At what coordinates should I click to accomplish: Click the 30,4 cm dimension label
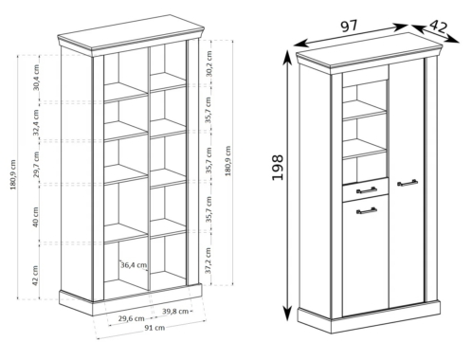coord(36,78)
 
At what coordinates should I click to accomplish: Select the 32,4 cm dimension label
coord(36,122)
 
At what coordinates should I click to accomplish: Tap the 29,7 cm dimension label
coord(36,165)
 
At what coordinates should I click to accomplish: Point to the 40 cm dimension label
coord(35,217)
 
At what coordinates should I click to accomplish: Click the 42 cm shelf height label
coord(35,276)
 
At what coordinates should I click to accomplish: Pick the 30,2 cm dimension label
coord(209,63)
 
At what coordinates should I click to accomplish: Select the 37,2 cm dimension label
coord(209,261)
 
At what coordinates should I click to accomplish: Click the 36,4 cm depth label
coord(134,264)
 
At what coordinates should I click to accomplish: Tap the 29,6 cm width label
coord(132,318)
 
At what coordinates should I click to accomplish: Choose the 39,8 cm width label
coord(175,311)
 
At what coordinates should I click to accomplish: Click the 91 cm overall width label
coord(154,328)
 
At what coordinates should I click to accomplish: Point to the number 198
coord(278,168)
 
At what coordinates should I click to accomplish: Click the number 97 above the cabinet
coord(350,27)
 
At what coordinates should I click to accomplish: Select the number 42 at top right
coord(439,27)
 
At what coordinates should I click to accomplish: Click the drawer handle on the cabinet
coord(367,189)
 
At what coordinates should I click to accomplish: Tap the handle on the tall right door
coord(408,183)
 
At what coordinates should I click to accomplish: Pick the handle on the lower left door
coord(367,210)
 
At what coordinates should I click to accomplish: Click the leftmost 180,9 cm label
coord(13,174)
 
